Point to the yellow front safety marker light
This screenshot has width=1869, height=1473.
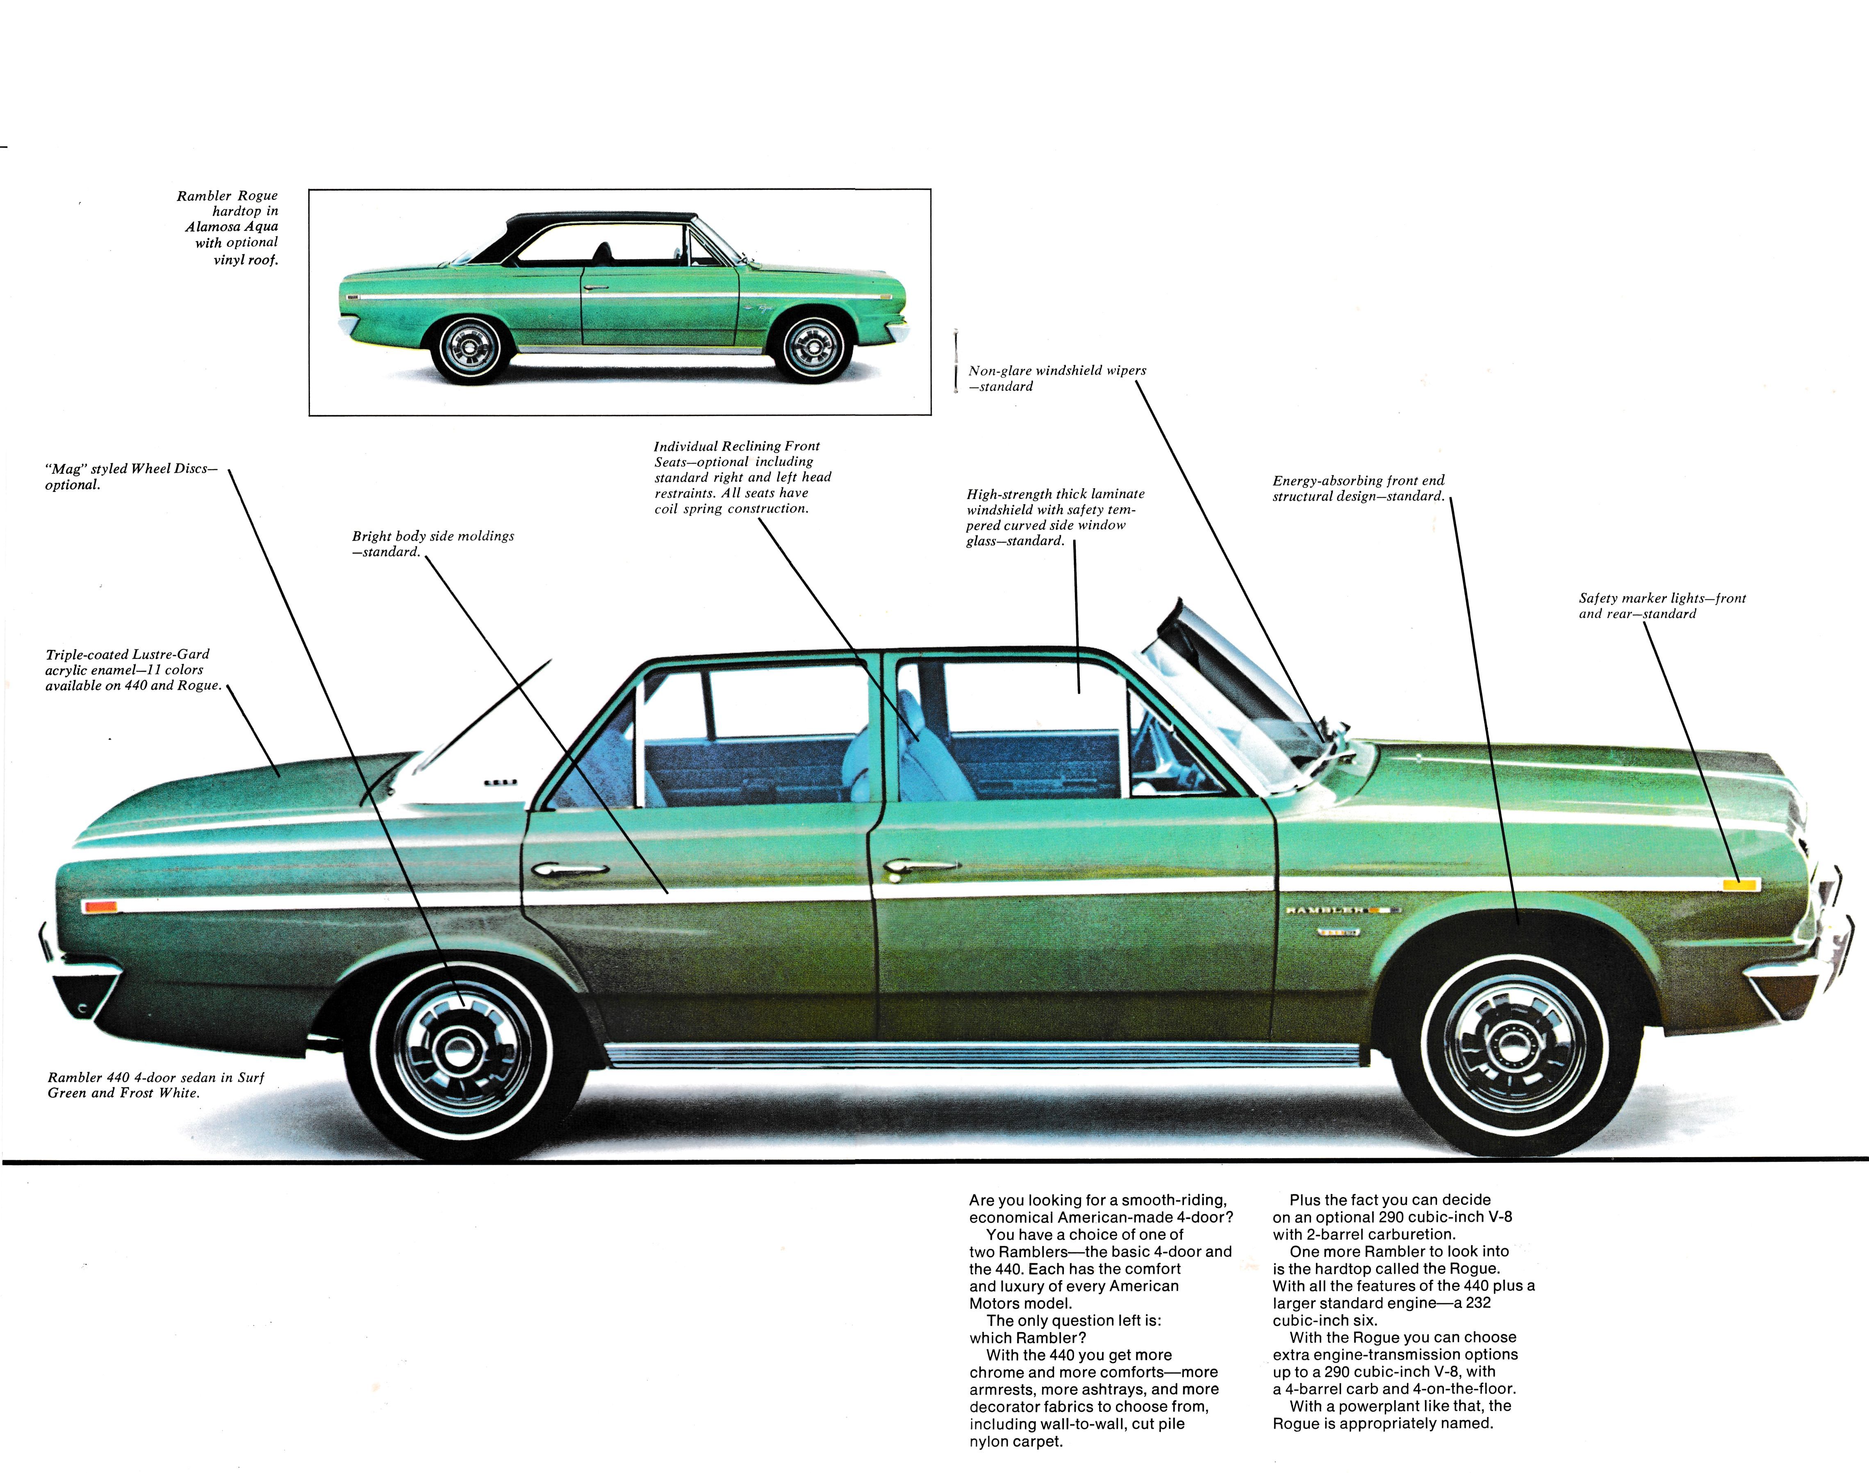[1741, 884]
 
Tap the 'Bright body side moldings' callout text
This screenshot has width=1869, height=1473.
[433, 536]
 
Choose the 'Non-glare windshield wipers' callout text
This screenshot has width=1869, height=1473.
[1057, 371]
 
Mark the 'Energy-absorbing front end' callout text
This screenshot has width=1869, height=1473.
[1359, 481]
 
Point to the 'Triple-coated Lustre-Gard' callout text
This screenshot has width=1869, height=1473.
[127, 655]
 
